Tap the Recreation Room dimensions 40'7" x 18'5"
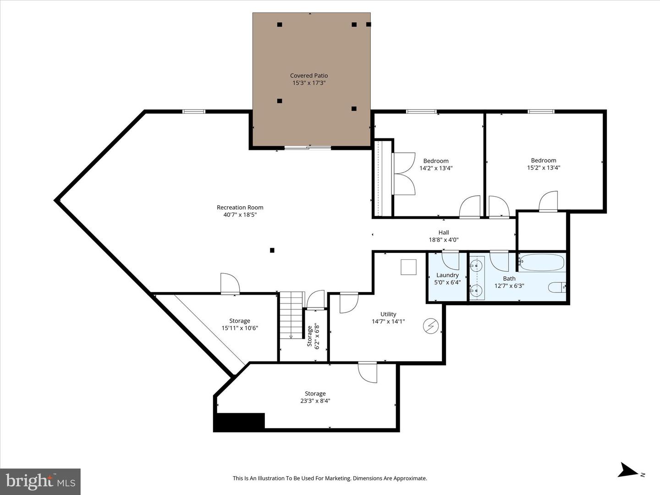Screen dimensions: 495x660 (x=240, y=214)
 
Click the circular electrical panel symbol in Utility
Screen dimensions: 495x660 (x=431, y=326)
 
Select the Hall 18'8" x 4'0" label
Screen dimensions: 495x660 (x=444, y=236)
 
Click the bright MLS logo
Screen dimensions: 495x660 (x=40, y=481)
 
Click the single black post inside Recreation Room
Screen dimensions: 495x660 (x=272, y=250)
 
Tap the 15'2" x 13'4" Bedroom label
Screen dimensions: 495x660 (x=544, y=164)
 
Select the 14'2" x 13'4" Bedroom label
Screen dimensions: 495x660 (x=436, y=165)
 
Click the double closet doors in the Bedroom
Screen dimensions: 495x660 (x=404, y=174)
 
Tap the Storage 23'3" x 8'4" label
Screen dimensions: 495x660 (x=315, y=397)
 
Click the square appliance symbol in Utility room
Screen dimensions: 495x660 (x=408, y=267)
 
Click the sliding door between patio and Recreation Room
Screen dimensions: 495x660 (x=308, y=148)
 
